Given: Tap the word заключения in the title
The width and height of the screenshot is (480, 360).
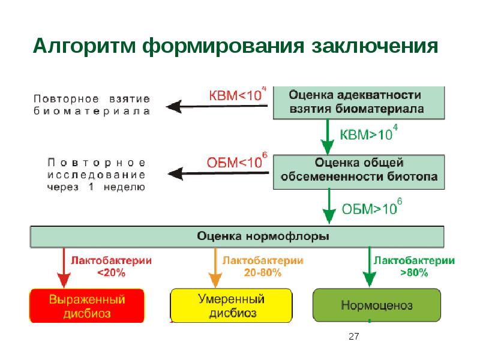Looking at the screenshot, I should (x=371, y=46).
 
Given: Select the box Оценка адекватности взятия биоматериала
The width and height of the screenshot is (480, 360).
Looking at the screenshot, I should (x=359, y=103).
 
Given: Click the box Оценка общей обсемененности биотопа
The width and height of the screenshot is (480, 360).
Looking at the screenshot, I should (x=359, y=170).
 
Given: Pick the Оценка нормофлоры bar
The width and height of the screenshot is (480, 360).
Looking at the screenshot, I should (x=238, y=236).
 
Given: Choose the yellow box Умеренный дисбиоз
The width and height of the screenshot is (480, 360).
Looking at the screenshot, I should (x=231, y=305).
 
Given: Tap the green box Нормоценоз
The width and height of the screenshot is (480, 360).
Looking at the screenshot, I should (x=377, y=305).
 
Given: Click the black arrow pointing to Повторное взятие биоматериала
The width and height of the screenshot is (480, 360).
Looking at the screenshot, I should (x=216, y=107).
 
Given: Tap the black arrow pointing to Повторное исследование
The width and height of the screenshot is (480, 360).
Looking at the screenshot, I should (x=216, y=173).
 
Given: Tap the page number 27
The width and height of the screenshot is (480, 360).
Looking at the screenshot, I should (x=353, y=338).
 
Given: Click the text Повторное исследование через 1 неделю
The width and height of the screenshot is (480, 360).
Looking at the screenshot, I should (x=96, y=175).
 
